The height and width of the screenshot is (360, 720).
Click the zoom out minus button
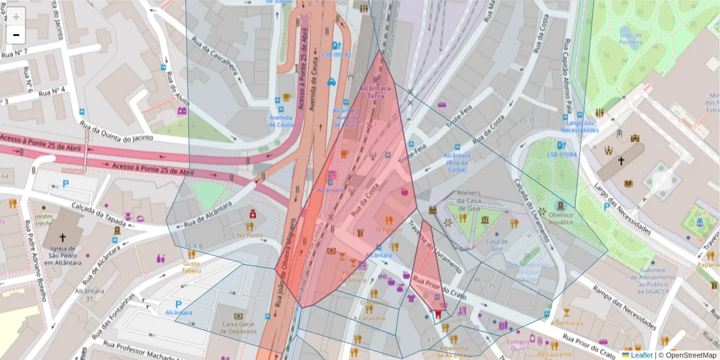point(16,35)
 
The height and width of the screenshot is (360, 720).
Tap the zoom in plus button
point(16,17)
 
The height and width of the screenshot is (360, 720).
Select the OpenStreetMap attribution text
point(691,355)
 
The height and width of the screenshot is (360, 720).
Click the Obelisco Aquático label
point(560,218)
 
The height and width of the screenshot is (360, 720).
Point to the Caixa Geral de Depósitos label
point(238,328)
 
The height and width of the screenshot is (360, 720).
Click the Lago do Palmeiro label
point(631,39)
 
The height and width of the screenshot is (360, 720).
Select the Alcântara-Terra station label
point(376,92)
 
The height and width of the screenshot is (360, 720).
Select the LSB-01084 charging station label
point(562,154)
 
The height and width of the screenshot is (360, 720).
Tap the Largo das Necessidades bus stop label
point(580,127)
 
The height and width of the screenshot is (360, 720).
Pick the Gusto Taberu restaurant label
point(191,267)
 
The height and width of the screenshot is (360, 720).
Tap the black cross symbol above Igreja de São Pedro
point(62,238)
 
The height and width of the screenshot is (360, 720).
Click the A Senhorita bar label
point(566,323)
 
